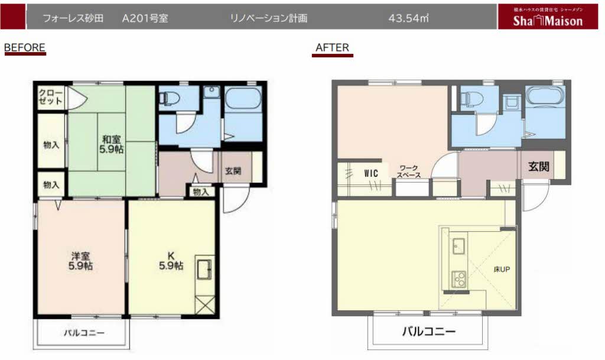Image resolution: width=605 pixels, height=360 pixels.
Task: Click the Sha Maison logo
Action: pos(548,17)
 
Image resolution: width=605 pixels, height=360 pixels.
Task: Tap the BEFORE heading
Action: pos(25,47)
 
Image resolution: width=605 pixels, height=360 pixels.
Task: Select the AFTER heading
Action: pos(332,47)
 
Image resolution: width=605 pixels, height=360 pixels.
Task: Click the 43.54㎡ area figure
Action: pos(409,18)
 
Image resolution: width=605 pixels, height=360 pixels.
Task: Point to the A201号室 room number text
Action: pos(145,18)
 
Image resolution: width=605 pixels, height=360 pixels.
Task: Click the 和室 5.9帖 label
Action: pos(112,144)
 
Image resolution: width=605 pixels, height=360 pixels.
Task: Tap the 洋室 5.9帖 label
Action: pos(80,261)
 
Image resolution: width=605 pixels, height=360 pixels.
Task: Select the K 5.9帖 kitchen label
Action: pos(171,261)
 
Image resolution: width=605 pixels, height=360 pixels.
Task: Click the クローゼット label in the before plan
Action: pos(51,97)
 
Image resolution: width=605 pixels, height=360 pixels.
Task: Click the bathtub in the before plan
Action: pos(243,99)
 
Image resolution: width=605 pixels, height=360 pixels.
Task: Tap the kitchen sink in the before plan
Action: pos(204,270)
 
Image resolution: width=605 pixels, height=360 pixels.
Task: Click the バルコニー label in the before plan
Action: pos(84,333)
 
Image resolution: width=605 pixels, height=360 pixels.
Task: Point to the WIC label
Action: pos(371,174)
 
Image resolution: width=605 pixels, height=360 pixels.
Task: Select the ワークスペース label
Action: pos(409,171)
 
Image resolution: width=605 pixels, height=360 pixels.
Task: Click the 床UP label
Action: pos(502,270)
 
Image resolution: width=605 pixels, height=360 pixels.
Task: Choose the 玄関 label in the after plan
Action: pos(539,167)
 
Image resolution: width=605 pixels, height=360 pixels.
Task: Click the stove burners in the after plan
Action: pos(458,278)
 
